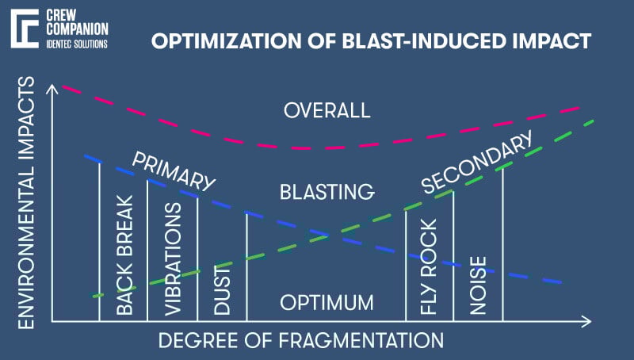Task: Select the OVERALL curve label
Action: tap(327, 110)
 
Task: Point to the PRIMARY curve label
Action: tap(174, 171)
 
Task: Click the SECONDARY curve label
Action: tap(475, 166)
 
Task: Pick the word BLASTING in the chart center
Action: tap(327, 192)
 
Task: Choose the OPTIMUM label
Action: tap(327, 303)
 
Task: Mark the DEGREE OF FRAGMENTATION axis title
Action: tap(301, 341)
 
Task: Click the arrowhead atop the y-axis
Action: tap(52, 89)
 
